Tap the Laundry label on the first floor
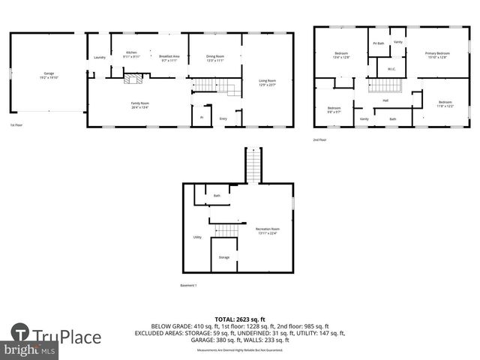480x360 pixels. click(99, 58)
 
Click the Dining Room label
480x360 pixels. click(215, 57)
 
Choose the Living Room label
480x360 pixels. click(267, 82)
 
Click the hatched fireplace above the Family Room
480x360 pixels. click(132, 77)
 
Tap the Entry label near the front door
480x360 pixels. click(223, 118)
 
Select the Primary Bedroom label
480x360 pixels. click(437, 55)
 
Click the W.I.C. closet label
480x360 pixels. click(391, 69)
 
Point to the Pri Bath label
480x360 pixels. click(379, 43)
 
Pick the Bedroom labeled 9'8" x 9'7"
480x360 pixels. click(334, 109)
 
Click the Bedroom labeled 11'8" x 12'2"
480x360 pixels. click(445, 103)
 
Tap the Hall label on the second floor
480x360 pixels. click(385, 100)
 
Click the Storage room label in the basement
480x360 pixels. click(224, 257)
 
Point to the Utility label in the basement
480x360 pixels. click(197, 237)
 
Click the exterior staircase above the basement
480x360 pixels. click(253, 165)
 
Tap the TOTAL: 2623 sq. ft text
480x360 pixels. click(239, 319)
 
